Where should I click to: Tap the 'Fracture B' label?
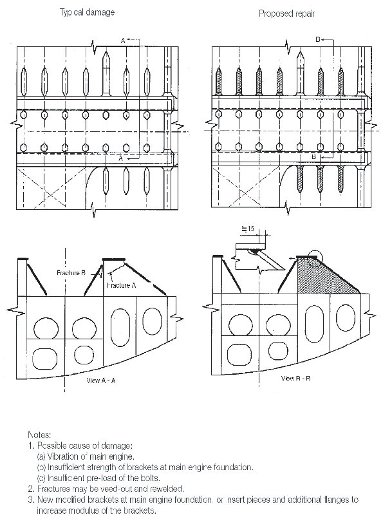point(71,273)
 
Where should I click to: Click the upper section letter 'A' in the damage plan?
point(123,41)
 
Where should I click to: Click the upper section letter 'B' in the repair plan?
point(318,40)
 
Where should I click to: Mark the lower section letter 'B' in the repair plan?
point(313,156)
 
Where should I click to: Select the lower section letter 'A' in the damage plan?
point(120,157)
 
